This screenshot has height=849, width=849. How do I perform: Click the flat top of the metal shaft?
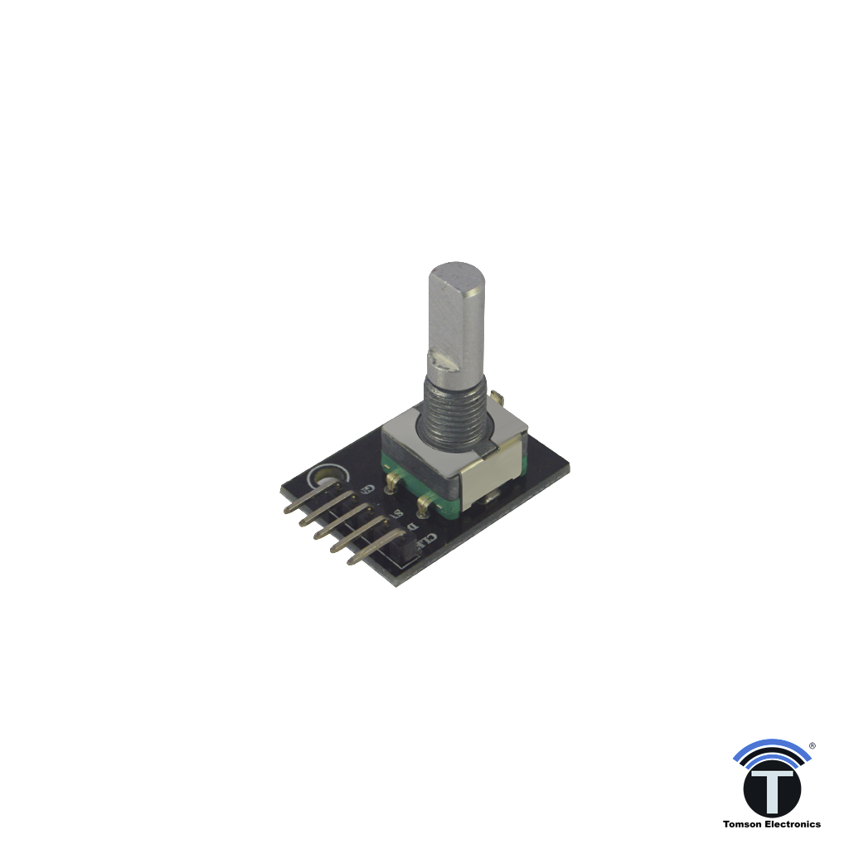point(457,273)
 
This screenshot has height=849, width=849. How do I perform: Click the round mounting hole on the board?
point(324,478)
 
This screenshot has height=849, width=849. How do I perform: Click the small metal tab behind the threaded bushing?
point(494,401)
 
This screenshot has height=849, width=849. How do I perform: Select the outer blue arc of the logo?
point(771,746)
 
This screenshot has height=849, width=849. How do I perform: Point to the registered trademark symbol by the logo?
point(811,745)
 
